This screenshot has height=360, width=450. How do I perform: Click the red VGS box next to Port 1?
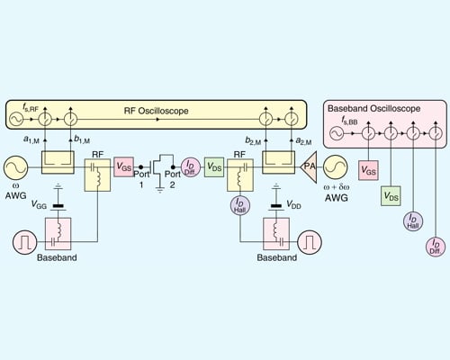124,166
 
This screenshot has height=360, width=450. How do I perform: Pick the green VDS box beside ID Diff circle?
214,167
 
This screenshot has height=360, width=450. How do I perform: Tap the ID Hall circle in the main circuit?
240,205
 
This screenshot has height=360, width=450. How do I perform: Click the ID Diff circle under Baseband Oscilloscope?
435,246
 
